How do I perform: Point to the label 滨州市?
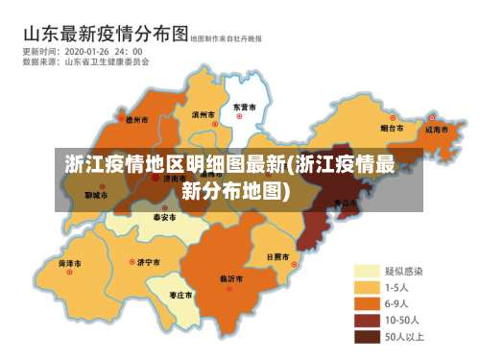pos(203,113)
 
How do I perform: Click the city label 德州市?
pos(137,121)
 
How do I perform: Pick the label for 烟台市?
pos(391,127)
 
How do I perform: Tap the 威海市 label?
pos(437,128)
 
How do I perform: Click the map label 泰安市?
pos(164,218)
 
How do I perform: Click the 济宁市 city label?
pos(148,261)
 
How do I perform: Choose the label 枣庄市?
pos(180,294)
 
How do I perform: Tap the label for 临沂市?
pos(231,278)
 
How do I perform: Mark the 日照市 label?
pos(276,257)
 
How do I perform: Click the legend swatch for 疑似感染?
pos(367,271)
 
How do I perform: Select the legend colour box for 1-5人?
pos(367,287)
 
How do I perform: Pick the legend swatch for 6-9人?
pos(367,303)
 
